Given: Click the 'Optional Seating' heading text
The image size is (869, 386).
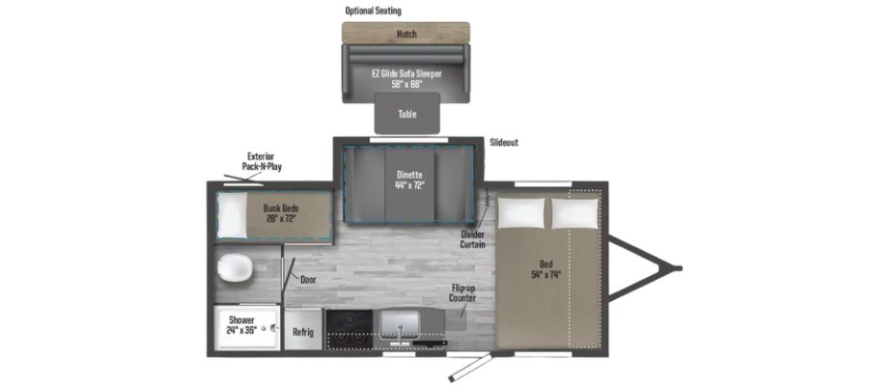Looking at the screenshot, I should [x=373, y=11].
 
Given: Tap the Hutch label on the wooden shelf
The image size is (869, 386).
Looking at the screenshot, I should [x=406, y=35].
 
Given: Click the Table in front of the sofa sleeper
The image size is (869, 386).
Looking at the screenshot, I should [x=407, y=114].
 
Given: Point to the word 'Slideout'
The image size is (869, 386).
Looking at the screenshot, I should [x=503, y=143].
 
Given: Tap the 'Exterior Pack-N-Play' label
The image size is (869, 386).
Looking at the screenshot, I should [x=262, y=160].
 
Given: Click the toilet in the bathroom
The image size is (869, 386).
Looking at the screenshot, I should [x=233, y=267].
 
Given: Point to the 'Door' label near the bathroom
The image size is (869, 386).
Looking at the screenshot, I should [x=308, y=280].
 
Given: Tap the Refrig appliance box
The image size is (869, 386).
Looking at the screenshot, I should [x=302, y=330].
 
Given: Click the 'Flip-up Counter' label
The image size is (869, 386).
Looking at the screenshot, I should [x=463, y=292].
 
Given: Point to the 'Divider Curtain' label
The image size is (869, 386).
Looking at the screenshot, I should [x=472, y=238].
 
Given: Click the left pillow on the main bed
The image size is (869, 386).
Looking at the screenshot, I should [x=520, y=212].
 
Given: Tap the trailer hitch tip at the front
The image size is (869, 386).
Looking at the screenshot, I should [x=679, y=267].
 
